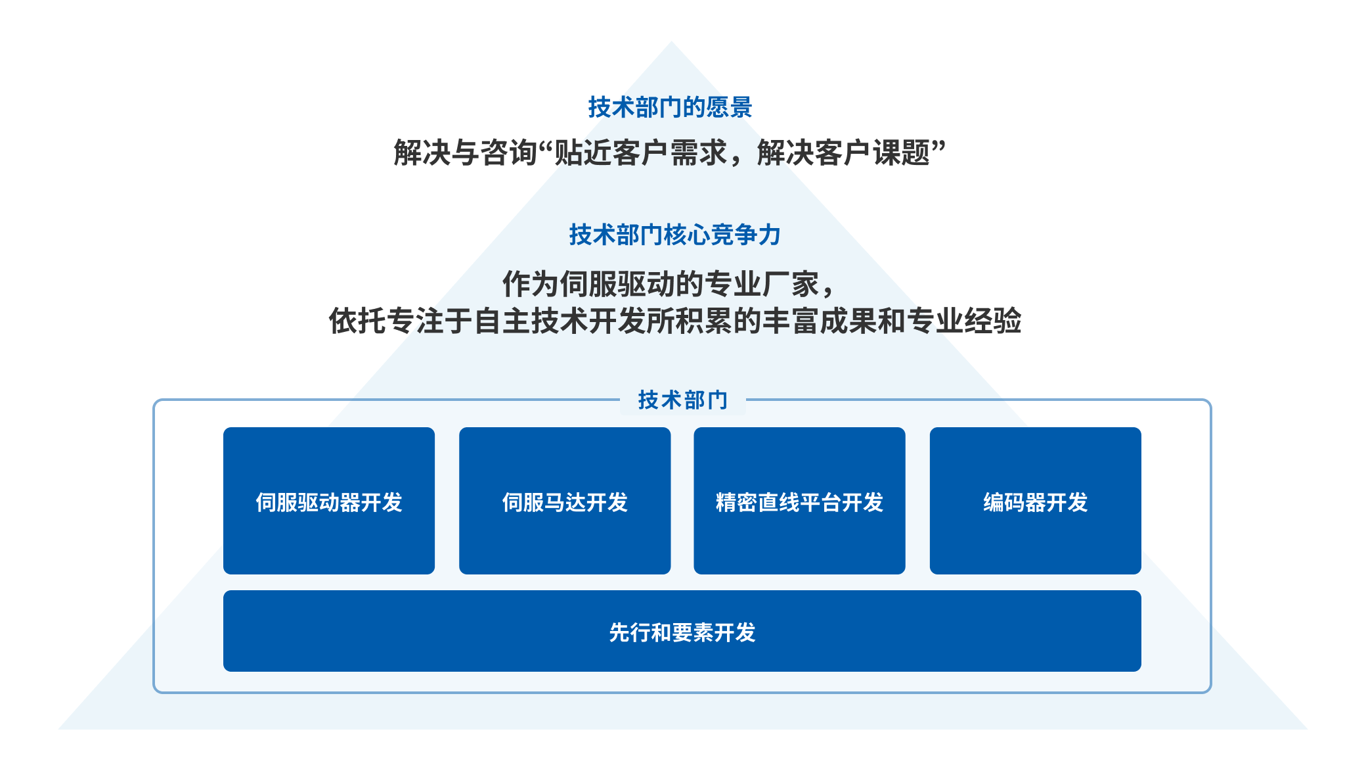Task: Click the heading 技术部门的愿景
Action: click(x=670, y=107)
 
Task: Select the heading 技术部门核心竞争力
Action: click(x=674, y=235)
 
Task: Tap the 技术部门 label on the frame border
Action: click(x=683, y=400)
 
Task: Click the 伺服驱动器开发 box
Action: click(x=329, y=501)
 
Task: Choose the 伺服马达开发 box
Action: click(x=565, y=501)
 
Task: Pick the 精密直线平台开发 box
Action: click(x=799, y=501)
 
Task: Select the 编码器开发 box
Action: click(x=1036, y=501)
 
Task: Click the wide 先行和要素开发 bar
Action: click(x=682, y=631)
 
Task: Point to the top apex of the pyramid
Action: click(x=671, y=41)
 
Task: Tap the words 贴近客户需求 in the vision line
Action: click(x=641, y=152)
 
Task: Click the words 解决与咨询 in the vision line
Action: click(x=466, y=152)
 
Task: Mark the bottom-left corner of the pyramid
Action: click(x=58, y=729)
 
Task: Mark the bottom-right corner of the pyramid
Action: click(x=1308, y=729)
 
